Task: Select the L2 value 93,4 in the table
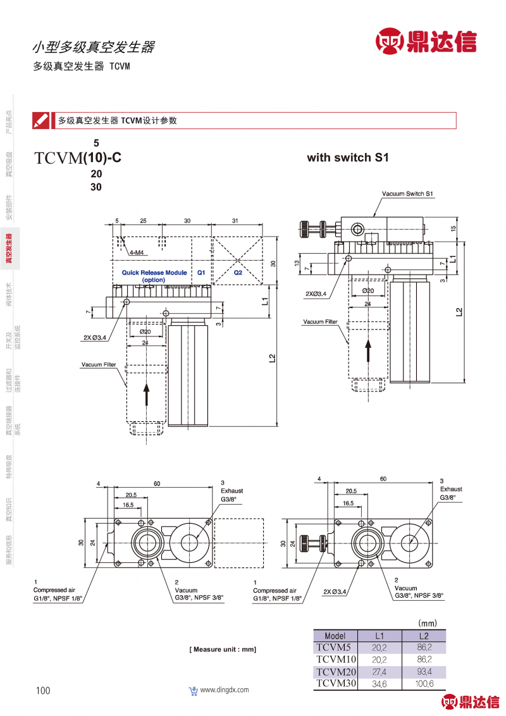424,671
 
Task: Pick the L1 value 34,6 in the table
379,683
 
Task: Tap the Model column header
335,636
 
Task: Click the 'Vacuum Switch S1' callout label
407,194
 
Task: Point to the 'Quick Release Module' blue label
154,273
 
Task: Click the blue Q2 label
238,273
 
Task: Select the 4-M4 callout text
137,252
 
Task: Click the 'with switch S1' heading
347,157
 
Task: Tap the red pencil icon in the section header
41,120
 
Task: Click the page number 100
43,691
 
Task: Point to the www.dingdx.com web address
225,690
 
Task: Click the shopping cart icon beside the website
194,691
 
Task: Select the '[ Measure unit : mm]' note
223,650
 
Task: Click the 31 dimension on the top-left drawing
235,221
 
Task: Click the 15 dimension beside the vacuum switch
454,228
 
